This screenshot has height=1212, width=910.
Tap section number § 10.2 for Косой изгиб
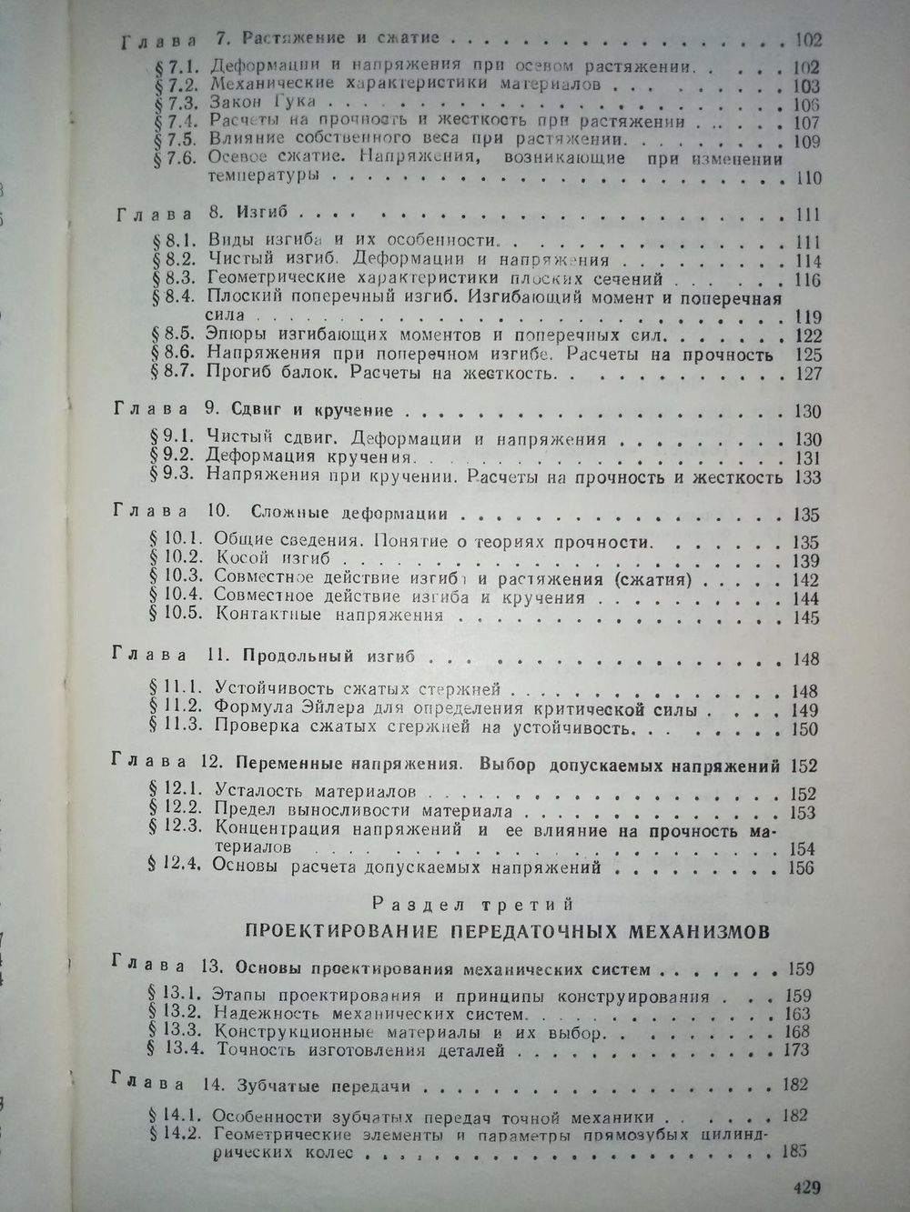coord(176,558)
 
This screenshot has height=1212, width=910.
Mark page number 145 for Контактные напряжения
coord(807,616)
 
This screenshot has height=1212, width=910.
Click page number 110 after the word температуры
coord(808,177)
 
